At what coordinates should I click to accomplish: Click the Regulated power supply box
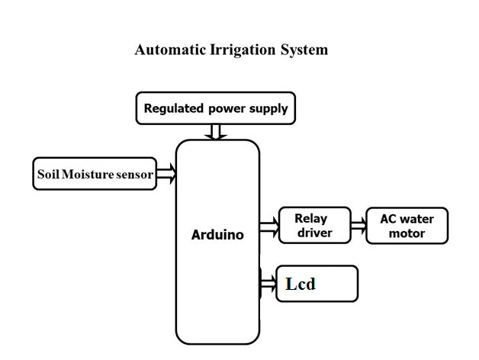[216, 108]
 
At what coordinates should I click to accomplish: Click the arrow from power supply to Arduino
[217, 132]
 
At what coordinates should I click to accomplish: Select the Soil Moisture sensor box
[93, 175]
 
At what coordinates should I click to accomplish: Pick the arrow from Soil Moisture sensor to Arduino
[166, 175]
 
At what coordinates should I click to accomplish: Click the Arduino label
[217, 235]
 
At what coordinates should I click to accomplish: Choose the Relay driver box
[314, 226]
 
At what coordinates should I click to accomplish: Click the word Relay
[311, 219]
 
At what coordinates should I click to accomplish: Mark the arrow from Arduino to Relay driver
[269, 226]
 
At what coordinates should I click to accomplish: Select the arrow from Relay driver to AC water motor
[358, 226]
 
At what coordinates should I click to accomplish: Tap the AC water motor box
[407, 226]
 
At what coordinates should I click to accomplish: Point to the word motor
[407, 233]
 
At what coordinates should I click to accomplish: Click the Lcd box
[317, 284]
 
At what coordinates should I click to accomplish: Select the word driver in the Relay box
[314, 233]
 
